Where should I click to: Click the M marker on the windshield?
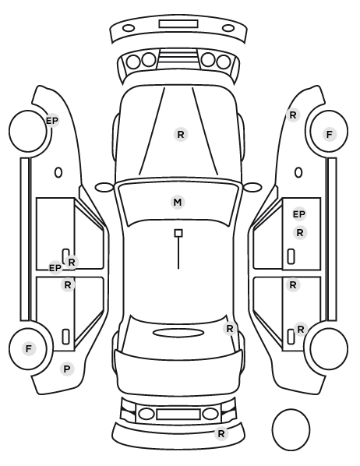[178, 203]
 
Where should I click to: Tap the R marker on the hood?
[181, 135]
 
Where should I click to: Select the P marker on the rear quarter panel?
[67, 369]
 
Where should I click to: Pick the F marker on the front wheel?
[329, 135]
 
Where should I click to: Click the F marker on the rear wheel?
[29, 348]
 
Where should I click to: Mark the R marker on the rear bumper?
[221, 433]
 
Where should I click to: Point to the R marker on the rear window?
[230, 329]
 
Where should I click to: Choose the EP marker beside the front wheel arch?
[52, 121]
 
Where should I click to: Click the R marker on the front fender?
[293, 115]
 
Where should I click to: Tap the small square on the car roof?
[178, 233]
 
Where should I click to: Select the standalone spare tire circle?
[291, 429]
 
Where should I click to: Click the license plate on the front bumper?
[178, 24]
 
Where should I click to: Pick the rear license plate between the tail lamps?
[178, 414]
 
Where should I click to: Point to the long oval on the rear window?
[178, 333]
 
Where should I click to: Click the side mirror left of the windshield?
[104, 187]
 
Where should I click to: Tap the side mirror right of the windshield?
[252, 187]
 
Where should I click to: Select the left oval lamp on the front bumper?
[129, 28]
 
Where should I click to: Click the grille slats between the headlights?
[178, 58]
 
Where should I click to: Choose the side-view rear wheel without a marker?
[329, 348]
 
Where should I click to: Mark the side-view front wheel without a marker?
[28, 131]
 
